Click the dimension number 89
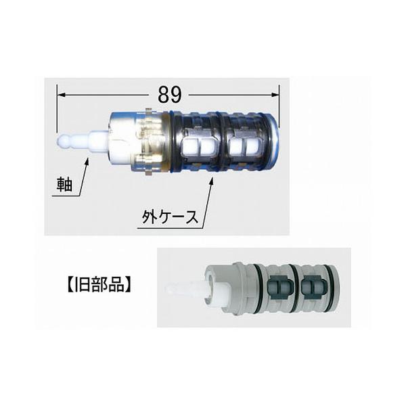click(170, 95)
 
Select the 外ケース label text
click(170, 217)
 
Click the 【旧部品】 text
click(99, 285)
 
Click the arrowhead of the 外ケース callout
click(211, 181)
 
